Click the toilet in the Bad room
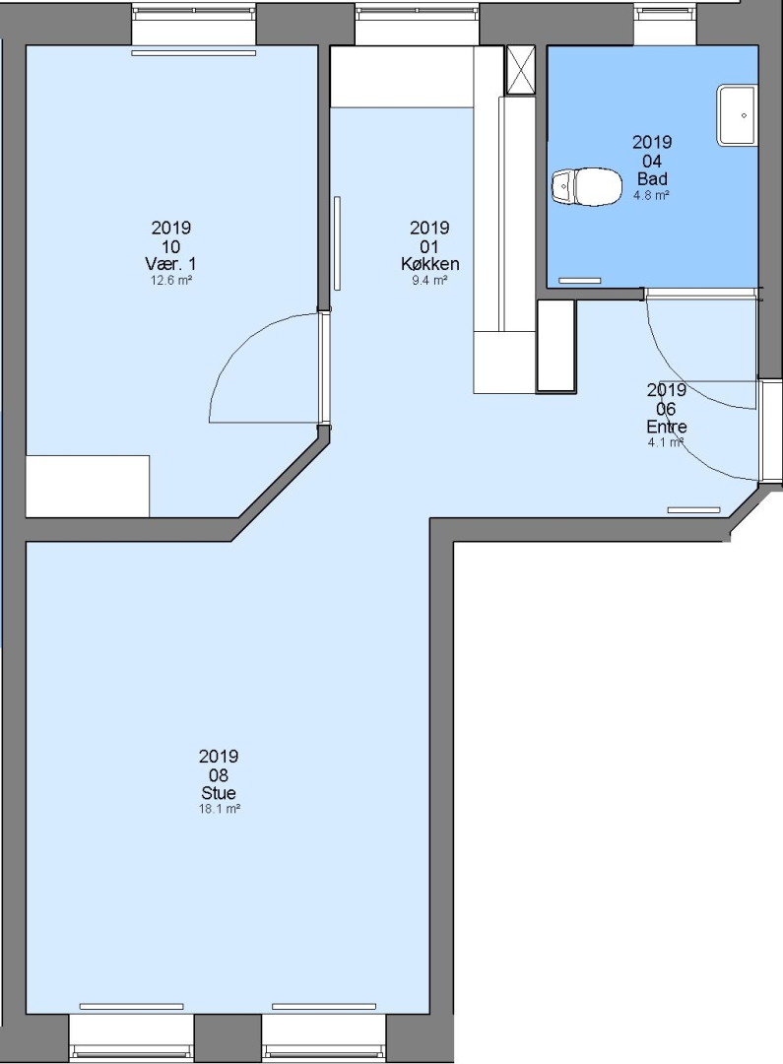(587, 186)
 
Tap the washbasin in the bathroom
(738, 114)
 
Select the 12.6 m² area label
(171, 280)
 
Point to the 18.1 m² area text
(220, 809)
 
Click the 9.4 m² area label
(429, 280)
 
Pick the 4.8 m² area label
(652, 195)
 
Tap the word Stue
(219, 792)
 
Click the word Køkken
(430, 263)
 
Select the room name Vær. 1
(171, 263)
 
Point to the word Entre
(667, 427)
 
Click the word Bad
(652, 179)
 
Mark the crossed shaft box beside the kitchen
(520, 70)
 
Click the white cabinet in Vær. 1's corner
(88, 486)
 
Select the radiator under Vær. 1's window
(193, 52)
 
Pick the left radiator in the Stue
(136, 1006)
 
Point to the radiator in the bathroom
(579, 280)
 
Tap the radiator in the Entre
(694, 509)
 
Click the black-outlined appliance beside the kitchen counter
(556, 346)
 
